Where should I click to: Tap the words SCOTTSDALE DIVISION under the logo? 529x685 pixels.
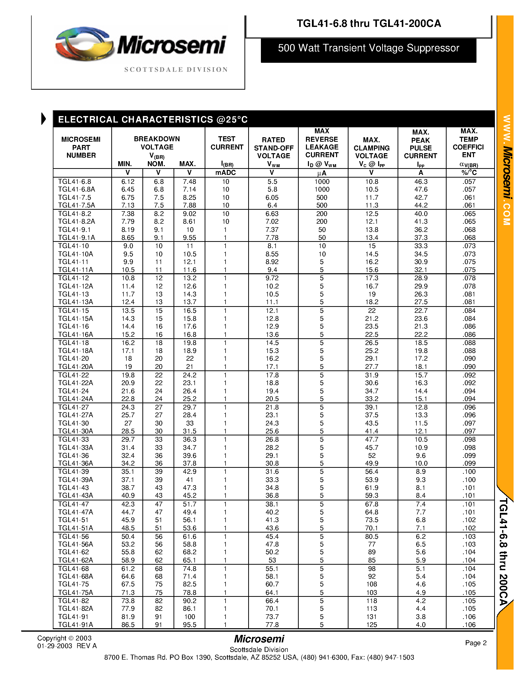(176, 70)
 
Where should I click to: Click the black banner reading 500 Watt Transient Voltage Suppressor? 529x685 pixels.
(368, 48)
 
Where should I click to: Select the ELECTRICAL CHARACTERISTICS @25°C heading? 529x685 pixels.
(153, 120)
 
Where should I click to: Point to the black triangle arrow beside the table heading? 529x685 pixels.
(44, 119)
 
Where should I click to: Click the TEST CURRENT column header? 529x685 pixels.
(227, 143)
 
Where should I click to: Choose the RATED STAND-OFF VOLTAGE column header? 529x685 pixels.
(273, 148)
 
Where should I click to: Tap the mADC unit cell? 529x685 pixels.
(226, 173)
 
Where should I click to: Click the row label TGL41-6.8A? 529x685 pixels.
(76, 190)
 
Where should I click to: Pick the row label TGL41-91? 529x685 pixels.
(73, 617)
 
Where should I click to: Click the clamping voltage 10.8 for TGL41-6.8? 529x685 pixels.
(372, 182)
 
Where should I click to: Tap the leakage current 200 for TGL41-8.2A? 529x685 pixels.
(322, 221)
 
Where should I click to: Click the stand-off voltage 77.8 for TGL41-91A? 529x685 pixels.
(272, 624)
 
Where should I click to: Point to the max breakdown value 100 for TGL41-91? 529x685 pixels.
(190, 617)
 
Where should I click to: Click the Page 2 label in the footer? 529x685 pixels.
(476, 643)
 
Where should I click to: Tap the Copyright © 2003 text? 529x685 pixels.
(64, 638)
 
